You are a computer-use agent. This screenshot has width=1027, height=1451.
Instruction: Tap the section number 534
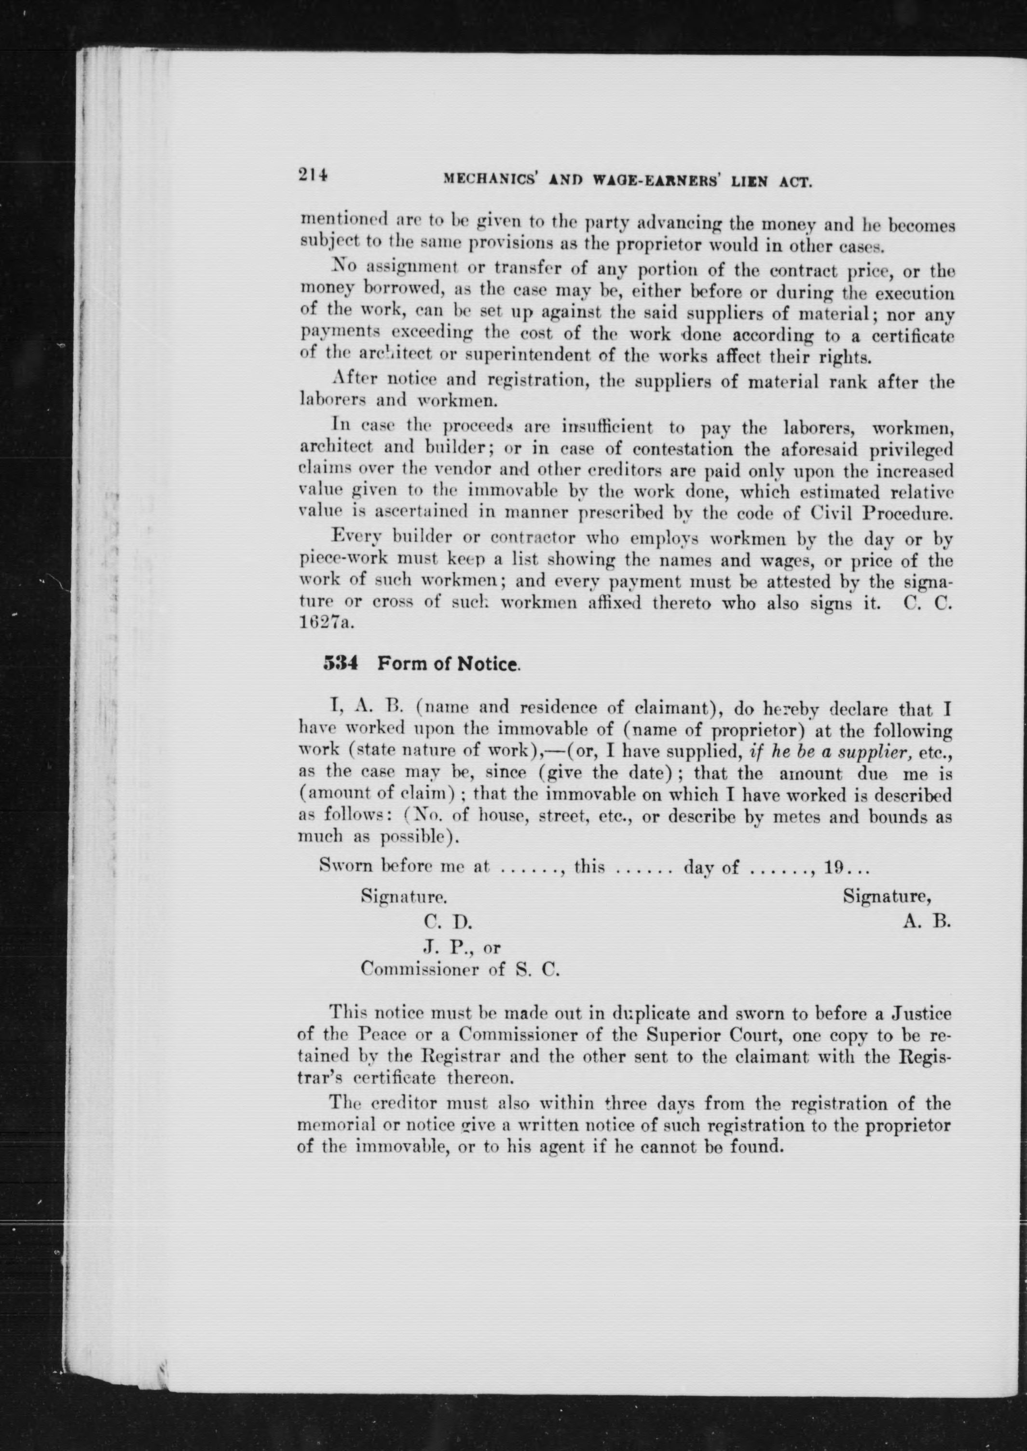pos(341,663)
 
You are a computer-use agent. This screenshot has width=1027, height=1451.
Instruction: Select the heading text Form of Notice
pos(448,664)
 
